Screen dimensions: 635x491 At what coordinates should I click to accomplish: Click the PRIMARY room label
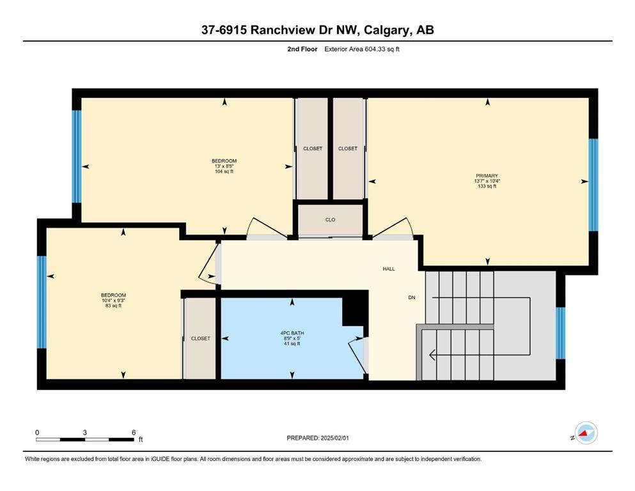coord(487,176)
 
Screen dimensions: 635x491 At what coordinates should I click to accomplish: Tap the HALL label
coord(389,269)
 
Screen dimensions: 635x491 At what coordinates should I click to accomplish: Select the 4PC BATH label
coord(292,333)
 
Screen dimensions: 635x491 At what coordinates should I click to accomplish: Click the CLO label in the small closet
coord(330,220)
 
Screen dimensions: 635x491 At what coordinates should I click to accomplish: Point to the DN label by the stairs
coord(411,297)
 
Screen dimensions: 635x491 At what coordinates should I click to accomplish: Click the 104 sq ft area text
coord(224,171)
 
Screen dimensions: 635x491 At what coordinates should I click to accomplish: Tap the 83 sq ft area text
coord(113,306)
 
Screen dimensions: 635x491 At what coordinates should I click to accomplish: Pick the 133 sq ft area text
coord(487,186)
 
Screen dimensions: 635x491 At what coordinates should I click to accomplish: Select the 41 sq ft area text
coord(292,344)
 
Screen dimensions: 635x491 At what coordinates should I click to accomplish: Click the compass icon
coord(586,433)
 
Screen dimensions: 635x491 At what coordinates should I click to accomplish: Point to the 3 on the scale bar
coord(84,432)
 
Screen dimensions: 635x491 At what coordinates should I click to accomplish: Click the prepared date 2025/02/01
coord(334,438)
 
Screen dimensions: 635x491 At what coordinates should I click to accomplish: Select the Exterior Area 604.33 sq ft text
coord(362,49)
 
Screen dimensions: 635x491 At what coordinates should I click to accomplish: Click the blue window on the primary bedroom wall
coord(593,185)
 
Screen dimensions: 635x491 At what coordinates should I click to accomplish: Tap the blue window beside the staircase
coord(560,333)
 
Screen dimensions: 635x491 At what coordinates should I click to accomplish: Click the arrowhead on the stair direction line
coord(432,355)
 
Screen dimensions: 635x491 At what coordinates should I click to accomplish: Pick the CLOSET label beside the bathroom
coord(200,338)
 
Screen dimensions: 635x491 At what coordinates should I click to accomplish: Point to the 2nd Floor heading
coord(302,49)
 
